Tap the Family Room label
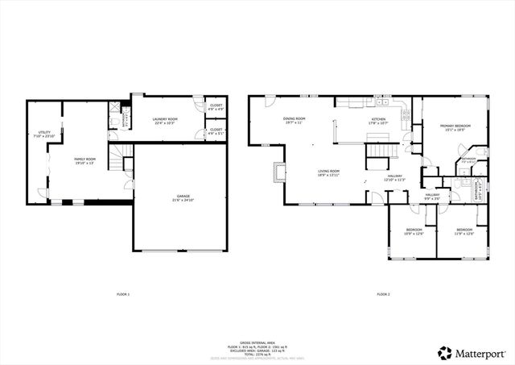click(x=85, y=161)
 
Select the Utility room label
click(x=43, y=135)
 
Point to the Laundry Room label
click(x=164, y=122)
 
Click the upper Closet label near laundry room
click(x=217, y=107)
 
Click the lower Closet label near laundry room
click(x=217, y=131)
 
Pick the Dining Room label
click(x=293, y=121)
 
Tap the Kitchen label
click(x=377, y=121)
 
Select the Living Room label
click(x=328, y=172)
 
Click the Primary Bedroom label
click(x=455, y=128)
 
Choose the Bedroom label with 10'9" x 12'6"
click(x=414, y=233)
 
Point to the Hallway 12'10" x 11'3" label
click(x=394, y=178)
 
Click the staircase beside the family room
click(x=119, y=160)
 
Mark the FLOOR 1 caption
click(x=122, y=294)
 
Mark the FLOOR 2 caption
click(x=382, y=294)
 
